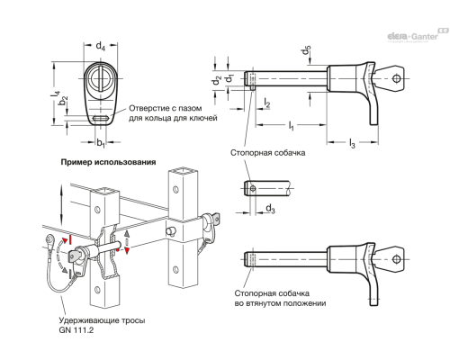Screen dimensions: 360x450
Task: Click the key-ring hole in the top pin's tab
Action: tap(397, 79)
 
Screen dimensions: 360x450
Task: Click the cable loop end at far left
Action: tap(47, 238)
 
